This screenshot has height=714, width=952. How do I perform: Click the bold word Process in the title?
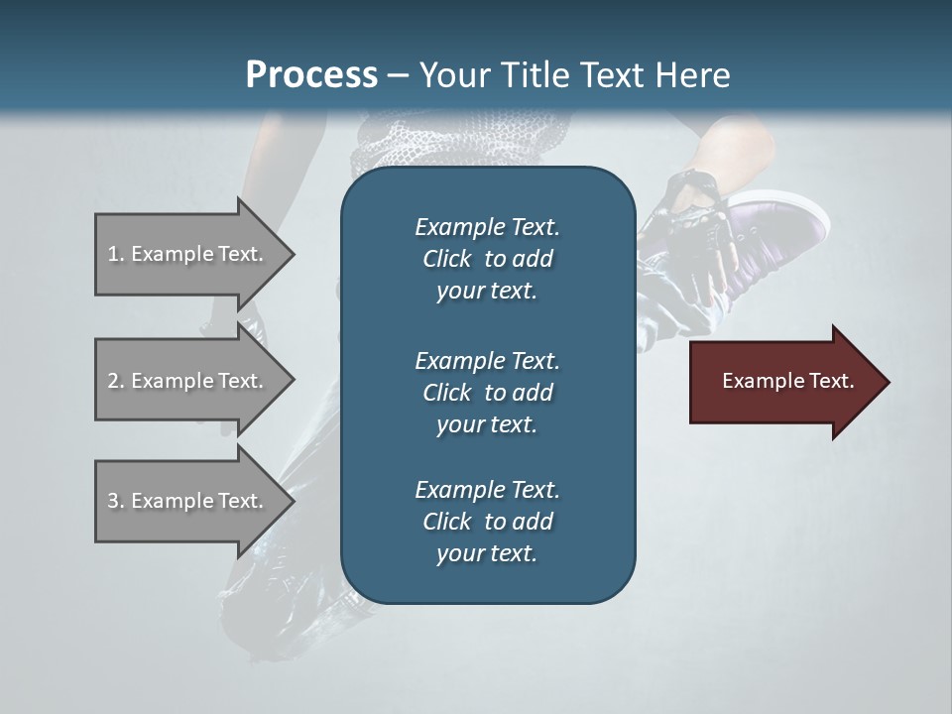pyautogui.click(x=311, y=74)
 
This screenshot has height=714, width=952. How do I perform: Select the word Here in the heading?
pyautogui.click(x=693, y=74)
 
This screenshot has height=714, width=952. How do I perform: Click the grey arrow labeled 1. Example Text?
pyautogui.click(x=188, y=254)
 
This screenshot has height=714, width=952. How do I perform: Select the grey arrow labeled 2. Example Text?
pyautogui.click(x=188, y=381)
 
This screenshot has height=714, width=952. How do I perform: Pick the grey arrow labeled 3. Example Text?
pyautogui.click(x=188, y=501)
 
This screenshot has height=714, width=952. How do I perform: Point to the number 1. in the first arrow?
pyautogui.click(x=115, y=254)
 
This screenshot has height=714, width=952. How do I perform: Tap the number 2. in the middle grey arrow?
pyautogui.click(x=115, y=381)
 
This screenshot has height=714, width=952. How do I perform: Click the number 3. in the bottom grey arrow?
pyautogui.click(x=115, y=501)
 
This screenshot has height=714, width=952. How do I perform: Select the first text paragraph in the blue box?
pyautogui.click(x=487, y=259)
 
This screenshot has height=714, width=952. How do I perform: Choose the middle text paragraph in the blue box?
pyautogui.click(x=487, y=392)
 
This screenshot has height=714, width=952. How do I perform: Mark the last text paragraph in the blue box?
pyautogui.click(x=487, y=522)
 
